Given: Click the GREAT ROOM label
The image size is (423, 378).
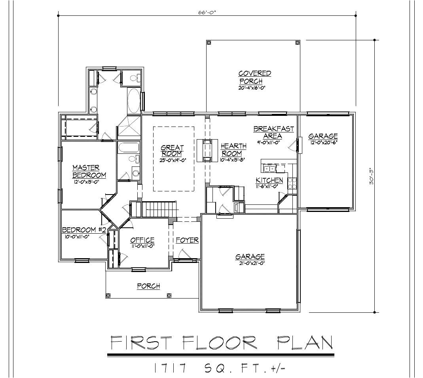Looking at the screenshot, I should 172,151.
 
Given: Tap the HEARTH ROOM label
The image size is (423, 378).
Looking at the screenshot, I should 233,149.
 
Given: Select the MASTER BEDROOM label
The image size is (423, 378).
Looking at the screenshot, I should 89,171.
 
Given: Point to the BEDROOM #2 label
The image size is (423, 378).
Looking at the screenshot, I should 84,230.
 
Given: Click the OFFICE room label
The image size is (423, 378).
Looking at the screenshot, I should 142,240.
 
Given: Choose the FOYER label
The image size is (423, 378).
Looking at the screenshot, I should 187,240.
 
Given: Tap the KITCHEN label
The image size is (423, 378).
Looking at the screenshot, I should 269,180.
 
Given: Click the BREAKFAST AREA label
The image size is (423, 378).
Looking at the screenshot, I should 273,132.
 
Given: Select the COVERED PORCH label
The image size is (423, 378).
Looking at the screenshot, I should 254,77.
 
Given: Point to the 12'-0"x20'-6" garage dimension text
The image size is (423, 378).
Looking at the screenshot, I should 323,142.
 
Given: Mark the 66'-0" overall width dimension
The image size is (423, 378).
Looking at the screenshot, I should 207,12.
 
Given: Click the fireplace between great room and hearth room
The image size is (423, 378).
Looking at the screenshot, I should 207,150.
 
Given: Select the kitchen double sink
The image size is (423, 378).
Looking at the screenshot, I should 271,169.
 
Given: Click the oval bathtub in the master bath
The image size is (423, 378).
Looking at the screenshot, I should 133,100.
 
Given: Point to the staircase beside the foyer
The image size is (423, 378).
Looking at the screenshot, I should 157,209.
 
